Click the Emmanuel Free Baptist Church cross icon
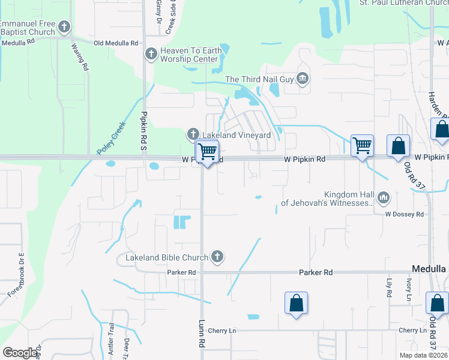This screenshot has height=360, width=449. pyautogui.click(x=64, y=27)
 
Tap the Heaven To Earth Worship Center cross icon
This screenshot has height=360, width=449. pyautogui.click(x=151, y=55)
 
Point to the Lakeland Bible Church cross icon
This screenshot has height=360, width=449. pyautogui.click(x=217, y=257)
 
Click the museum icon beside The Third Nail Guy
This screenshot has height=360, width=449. pyautogui.click(x=303, y=78)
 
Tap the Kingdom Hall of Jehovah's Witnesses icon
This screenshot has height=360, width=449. pyautogui.click(x=383, y=197)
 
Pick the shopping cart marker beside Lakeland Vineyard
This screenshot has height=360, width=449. pyautogui.click(x=207, y=151)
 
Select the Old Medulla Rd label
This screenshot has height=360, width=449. pyautogui.click(x=116, y=43)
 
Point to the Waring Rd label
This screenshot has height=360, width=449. pyautogui.click(x=79, y=58)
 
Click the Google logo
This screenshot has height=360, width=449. pyautogui.click(x=20, y=353)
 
